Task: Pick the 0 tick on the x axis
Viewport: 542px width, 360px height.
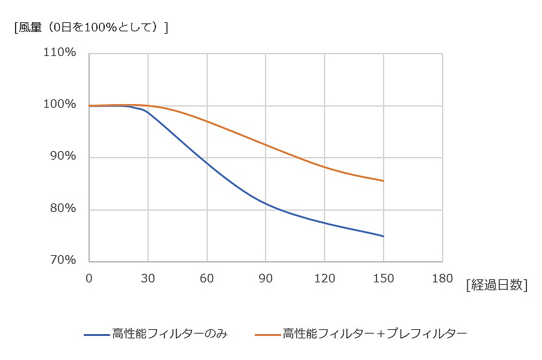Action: coord(89,279)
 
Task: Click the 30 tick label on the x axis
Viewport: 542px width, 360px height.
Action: coord(148,279)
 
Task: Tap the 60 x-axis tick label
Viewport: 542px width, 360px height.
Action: coord(207,279)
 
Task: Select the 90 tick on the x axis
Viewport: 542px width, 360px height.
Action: coord(266,279)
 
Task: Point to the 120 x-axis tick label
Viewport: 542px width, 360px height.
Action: coord(324,279)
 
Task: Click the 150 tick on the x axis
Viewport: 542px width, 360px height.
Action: coord(383,279)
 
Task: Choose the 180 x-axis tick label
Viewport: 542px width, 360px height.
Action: coord(442,279)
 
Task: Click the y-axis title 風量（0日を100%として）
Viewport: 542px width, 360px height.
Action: coord(91,28)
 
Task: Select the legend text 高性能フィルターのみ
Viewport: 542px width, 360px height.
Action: coord(169,333)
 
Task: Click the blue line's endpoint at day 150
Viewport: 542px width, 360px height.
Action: coord(384,236)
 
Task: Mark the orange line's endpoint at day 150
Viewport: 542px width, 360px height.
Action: coord(384,181)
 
